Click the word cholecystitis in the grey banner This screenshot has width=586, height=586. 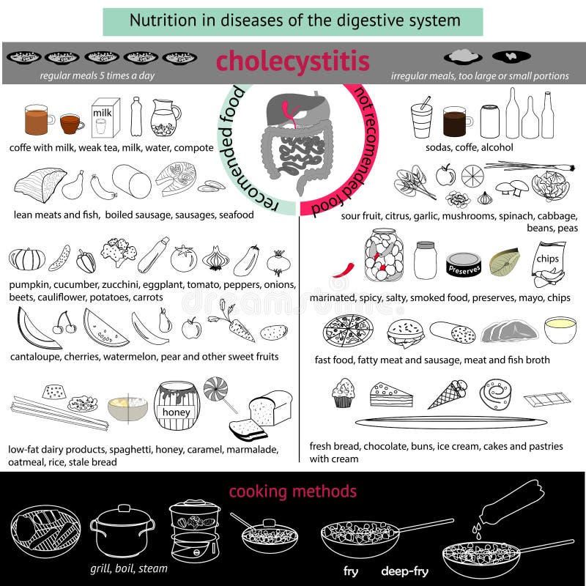coord(292,62)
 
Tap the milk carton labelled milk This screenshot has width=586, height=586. coord(105,118)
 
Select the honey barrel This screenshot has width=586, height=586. coord(177,406)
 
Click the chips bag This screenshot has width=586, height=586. coord(549,264)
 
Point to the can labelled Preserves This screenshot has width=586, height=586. coord(464,264)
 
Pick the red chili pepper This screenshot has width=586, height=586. coord(343,270)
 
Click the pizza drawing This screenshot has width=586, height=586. coord(347,330)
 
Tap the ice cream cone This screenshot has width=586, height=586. coord(448,394)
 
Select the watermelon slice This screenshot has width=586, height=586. coord(105,330)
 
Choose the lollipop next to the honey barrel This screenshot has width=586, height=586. coord(218,393)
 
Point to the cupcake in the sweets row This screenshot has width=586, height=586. coord(343,393)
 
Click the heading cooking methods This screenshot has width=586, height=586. coord(292,492)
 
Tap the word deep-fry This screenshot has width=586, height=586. coord(404,571)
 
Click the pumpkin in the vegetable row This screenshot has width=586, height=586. coord(27,259)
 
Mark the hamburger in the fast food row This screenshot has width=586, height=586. coord(405,334)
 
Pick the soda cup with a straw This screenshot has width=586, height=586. coord(423,118)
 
